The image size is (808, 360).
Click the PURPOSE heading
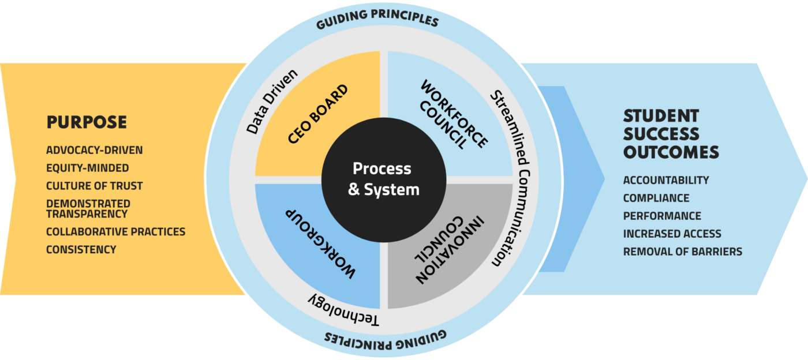pyautogui.click(x=87, y=122)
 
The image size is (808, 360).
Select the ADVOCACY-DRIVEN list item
pyautogui.click(x=95, y=151)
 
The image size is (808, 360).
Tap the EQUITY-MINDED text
pyautogui.click(x=88, y=168)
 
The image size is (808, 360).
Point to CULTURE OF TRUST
pyautogui.click(x=95, y=186)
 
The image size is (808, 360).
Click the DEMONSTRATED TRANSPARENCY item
pyautogui.click(x=88, y=209)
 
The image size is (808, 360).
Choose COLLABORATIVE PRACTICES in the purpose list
pyautogui.click(x=116, y=231)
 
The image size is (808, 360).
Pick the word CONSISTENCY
pyautogui.click(x=81, y=250)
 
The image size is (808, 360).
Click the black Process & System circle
pyautogui.click(x=383, y=178)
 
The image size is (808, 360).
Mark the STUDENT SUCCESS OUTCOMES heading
pyautogui.click(x=671, y=134)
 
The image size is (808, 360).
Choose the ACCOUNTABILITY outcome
pyautogui.click(x=666, y=181)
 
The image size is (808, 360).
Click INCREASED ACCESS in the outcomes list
pyautogui.click(x=672, y=234)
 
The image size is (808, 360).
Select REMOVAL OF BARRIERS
pyautogui.click(x=682, y=252)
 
